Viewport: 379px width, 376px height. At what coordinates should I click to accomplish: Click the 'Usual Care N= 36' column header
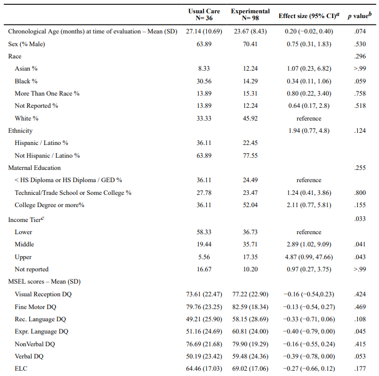(x=204, y=14)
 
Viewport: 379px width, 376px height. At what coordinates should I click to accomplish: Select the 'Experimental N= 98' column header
(x=250, y=14)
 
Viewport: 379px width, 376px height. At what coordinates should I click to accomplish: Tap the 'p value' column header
(x=360, y=15)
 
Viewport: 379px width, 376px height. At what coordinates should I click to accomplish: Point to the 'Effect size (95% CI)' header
(x=309, y=16)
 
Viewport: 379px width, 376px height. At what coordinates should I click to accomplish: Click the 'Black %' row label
(x=26, y=81)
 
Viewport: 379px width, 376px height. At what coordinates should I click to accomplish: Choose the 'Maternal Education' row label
(x=35, y=168)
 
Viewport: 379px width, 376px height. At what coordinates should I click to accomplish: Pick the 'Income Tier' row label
(x=26, y=219)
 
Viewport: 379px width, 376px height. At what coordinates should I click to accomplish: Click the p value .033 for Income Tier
(x=360, y=219)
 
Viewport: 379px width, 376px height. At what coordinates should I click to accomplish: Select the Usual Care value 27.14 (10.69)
(x=204, y=31)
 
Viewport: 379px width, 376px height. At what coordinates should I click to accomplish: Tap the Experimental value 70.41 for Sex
(x=250, y=44)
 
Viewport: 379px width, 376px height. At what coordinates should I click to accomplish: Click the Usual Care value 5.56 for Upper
(x=204, y=257)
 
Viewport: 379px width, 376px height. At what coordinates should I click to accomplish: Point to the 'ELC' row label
(x=21, y=369)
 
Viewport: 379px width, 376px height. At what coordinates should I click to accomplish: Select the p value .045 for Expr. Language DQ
(x=360, y=331)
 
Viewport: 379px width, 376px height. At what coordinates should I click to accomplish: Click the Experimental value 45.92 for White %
(x=250, y=118)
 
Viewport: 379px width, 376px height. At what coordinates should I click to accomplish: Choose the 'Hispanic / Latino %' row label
(x=41, y=143)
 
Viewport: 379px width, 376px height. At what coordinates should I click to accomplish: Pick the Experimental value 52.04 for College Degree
(x=250, y=205)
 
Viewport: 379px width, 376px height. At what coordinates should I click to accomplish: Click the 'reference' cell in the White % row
(x=309, y=118)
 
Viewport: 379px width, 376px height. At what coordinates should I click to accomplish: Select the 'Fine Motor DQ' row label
(x=35, y=307)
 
